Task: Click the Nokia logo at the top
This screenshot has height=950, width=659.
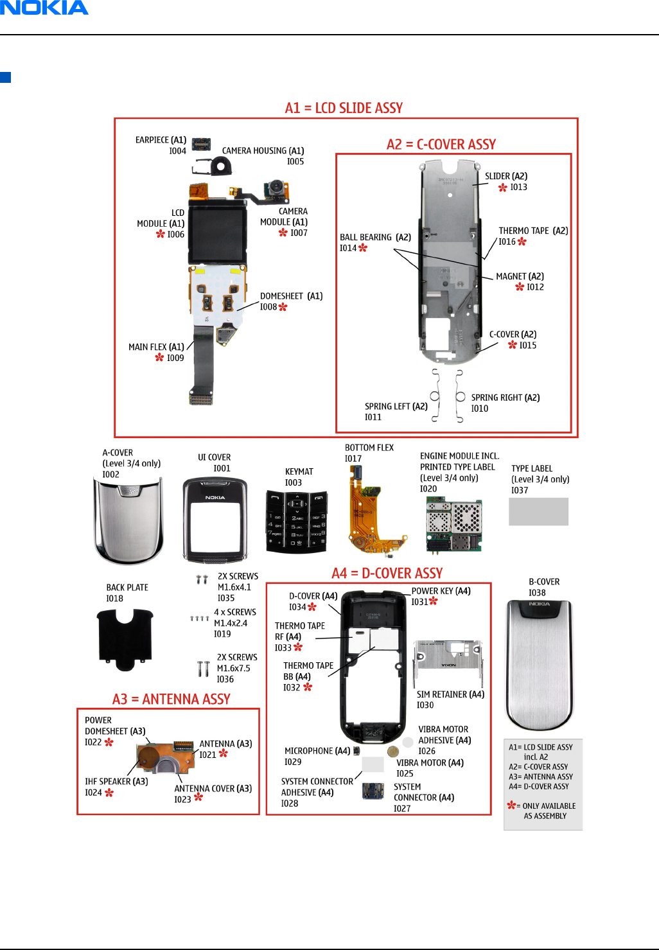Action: [x=44, y=8]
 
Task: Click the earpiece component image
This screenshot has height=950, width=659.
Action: [x=201, y=144]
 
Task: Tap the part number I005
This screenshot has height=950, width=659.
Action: [x=295, y=162]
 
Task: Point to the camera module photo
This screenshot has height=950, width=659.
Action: [x=276, y=189]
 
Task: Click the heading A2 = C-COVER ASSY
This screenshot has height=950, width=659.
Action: [x=441, y=145]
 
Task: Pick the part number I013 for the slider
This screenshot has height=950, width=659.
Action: [x=518, y=188]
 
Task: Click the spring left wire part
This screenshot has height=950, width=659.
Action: [x=435, y=395]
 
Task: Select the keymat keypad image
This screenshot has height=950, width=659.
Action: [x=297, y=521]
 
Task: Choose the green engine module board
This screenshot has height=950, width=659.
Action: [x=453, y=525]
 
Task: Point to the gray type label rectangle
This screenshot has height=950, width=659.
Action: [x=538, y=512]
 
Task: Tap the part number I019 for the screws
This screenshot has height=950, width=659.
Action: [x=222, y=634]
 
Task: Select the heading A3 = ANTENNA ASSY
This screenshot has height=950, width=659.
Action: [x=171, y=699]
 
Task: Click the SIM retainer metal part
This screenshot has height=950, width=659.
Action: [x=448, y=662]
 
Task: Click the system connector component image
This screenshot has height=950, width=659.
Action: [x=373, y=791]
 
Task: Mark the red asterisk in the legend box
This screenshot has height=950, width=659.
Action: [x=511, y=805]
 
